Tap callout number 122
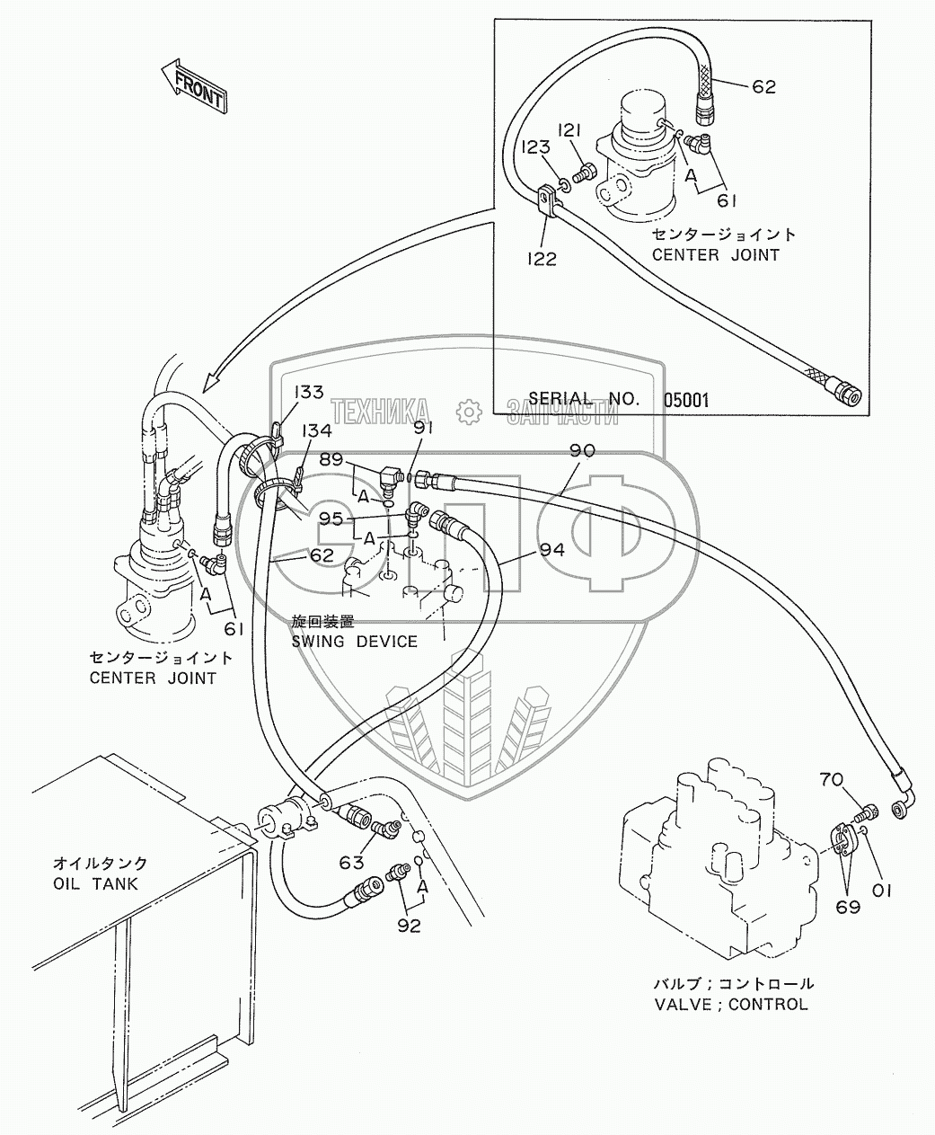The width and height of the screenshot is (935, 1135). click(542, 259)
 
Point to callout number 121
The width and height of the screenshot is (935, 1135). click(570, 131)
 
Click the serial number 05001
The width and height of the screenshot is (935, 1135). click(685, 399)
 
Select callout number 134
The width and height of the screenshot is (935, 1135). click(316, 431)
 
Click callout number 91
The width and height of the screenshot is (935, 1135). click(425, 429)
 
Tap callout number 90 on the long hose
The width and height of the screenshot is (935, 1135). click(582, 450)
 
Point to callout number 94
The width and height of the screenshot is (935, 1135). click(552, 548)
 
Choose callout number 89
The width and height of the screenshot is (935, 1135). click(331, 459)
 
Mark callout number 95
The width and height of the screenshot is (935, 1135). click(331, 519)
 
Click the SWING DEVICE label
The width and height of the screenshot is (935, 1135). click(354, 641)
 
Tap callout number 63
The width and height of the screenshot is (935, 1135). click(352, 863)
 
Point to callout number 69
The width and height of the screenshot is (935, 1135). click(848, 907)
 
